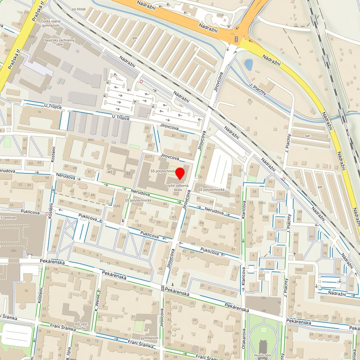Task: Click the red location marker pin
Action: point(180,174)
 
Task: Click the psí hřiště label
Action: point(78,9)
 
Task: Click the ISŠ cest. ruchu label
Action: point(81,326)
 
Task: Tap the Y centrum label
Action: point(7,217)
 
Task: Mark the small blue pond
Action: point(248,64)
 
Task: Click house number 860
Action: point(90,140)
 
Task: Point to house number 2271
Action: point(148,157)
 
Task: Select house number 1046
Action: point(117,205)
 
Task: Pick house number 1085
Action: point(298,270)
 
